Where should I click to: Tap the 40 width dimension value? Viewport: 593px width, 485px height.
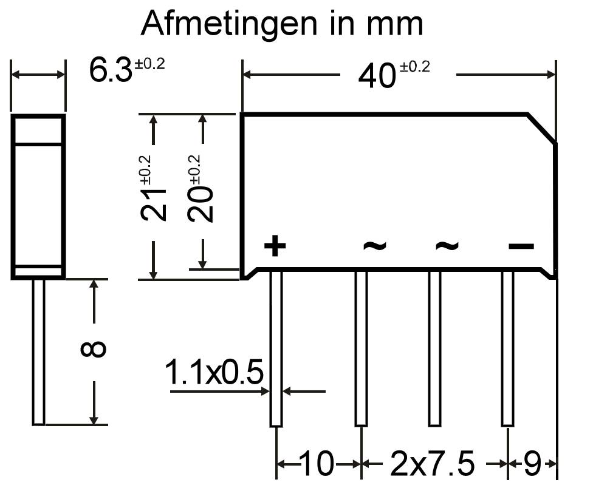point(377,76)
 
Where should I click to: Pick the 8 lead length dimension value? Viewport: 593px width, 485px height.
point(94,349)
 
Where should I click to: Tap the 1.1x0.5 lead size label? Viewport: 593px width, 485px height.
point(214,372)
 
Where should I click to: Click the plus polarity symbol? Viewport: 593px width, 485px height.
point(275,246)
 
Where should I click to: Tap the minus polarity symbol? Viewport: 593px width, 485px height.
point(521,246)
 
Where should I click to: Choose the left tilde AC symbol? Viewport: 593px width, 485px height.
point(374,245)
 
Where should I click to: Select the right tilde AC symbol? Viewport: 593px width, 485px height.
point(447,245)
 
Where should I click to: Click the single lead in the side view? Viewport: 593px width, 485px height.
point(38,352)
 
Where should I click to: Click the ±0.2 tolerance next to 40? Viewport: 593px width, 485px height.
point(415,67)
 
